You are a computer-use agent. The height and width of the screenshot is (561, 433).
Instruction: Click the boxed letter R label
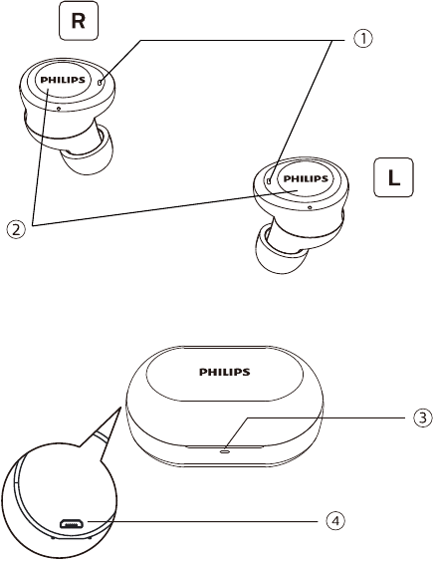[x=79, y=21]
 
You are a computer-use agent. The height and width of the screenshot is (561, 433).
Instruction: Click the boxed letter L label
[x=393, y=177]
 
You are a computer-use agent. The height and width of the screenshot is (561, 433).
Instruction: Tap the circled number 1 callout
[x=363, y=39]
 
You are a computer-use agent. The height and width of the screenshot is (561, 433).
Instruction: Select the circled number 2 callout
[x=16, y=229]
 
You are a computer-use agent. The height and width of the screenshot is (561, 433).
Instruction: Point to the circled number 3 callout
[x=423, y=418]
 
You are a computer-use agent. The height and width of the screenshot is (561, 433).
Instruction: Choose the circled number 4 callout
[x=335, y=521]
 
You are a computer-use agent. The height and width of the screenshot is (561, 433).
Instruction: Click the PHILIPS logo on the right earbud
[x=63, y=80]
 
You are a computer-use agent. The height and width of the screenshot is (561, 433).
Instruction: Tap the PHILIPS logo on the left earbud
[x=306, y=178]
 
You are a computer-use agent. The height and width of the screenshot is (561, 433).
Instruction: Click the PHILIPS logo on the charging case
[x=224, y=372]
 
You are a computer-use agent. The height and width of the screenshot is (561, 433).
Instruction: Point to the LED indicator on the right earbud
[x=100, y=83]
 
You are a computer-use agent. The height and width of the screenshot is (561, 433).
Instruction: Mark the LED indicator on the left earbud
[x=269, y=181]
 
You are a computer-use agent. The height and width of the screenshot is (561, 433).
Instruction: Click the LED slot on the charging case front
[x=225, y=451]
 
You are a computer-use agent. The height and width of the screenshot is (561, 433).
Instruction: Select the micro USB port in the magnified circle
[x=73, y=524]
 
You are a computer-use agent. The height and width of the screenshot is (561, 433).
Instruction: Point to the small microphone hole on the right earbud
[x=59, y=109]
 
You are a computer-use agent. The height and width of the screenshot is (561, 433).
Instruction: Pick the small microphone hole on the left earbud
[x=310, y=207]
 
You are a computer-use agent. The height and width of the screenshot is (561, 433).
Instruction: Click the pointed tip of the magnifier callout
[x=120, y=407]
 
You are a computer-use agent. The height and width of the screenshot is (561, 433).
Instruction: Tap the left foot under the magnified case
[x=53, y=537]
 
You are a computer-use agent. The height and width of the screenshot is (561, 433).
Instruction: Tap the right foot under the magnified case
[x=89, y=537]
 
